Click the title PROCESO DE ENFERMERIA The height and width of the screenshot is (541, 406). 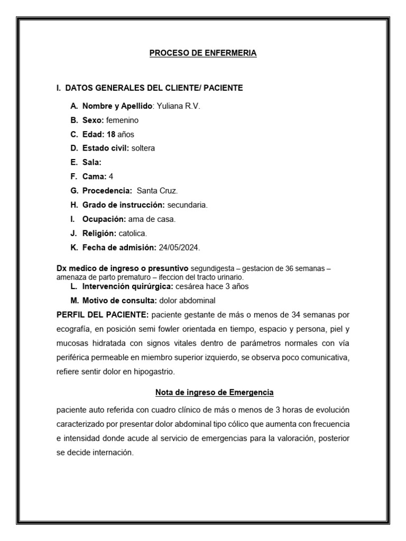pyautogui.click(x=203, y=53)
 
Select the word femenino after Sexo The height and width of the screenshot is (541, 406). pyautogui.click(x=122, y=120)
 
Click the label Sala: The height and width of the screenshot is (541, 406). pyautogui.click(x=92, y=163)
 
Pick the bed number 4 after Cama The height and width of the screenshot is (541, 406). pyautogui.click(x=111, y=176)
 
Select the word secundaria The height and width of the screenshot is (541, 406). pyautogui.click(x=188, y=205)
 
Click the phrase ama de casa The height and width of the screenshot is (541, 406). pyautogui.click(x=152, y=219)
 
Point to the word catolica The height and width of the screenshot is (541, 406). pyautogui.click(x=132, y=233)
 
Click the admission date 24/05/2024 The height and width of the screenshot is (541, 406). pyautogui.click(x=180, y=247)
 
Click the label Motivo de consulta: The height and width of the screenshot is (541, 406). pyautogui.click(x=119, y=301)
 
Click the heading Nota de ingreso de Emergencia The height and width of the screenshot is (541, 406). pyautogui.click(x=214, y=393)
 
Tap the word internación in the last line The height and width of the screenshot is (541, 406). pyautogui.click(x=109, y=453)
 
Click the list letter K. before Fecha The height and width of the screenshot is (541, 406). pyautogui.click(x=73, y=247)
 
